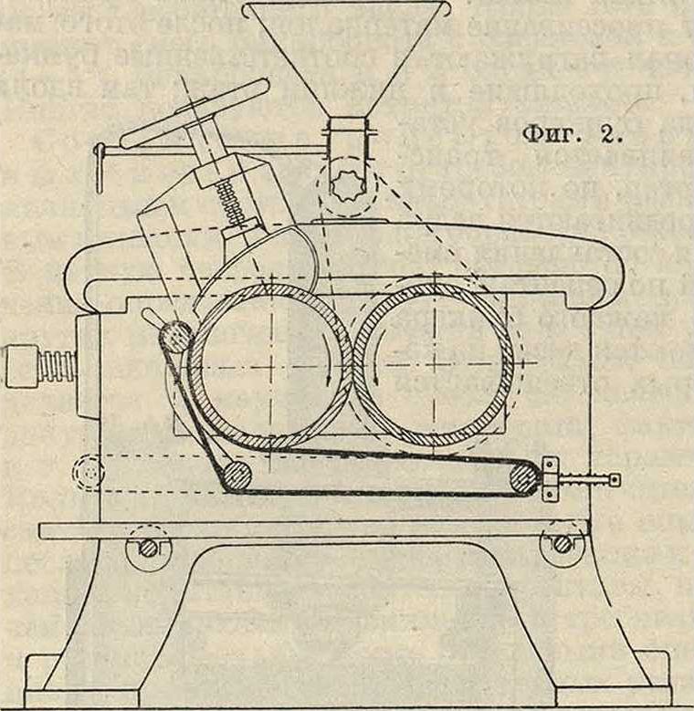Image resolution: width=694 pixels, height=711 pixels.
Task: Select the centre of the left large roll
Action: pos(271,367)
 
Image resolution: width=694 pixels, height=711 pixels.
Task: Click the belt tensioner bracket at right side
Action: pos(550,479)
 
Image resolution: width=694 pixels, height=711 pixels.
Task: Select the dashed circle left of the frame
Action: pos(89,472)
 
